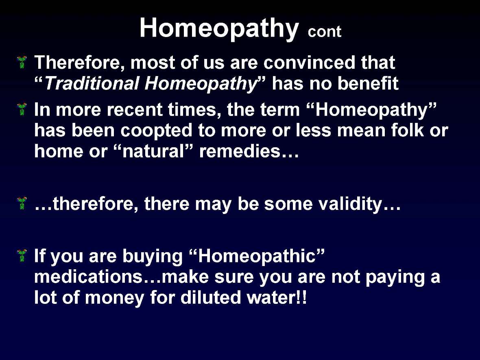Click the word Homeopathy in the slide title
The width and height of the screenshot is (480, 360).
point(219,28)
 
